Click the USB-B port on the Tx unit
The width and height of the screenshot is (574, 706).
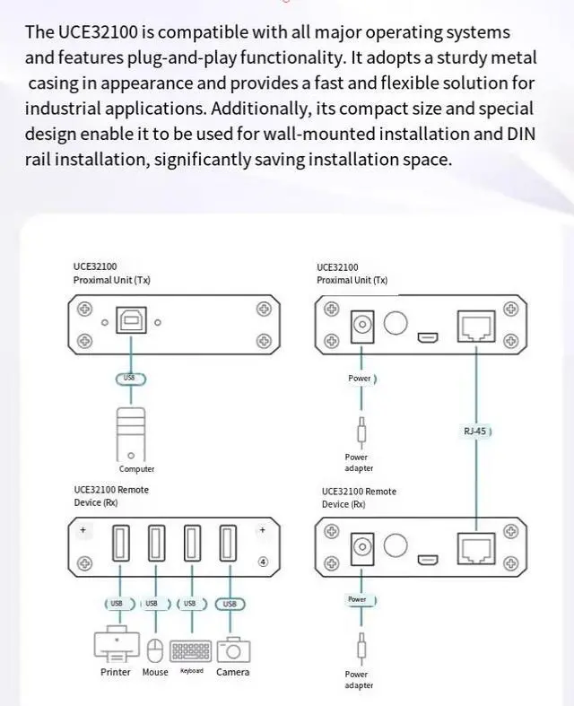(131, 323)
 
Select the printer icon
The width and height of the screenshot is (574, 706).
(116, 645)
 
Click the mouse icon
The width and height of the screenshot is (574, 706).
(154, 649)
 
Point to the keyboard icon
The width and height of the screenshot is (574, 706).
(191, 649)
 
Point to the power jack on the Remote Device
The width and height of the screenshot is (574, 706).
(362, 546)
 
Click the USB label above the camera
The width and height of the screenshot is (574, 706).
(230, 604)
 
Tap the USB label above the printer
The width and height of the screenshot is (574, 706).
(117, 604)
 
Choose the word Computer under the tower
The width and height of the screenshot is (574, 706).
(136, 469)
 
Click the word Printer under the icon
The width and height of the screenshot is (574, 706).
(116, 672)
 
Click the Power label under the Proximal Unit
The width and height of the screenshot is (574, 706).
(360, 379)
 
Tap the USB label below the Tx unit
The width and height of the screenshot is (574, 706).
(130, 379)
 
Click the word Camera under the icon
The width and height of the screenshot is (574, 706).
(233, 672)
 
